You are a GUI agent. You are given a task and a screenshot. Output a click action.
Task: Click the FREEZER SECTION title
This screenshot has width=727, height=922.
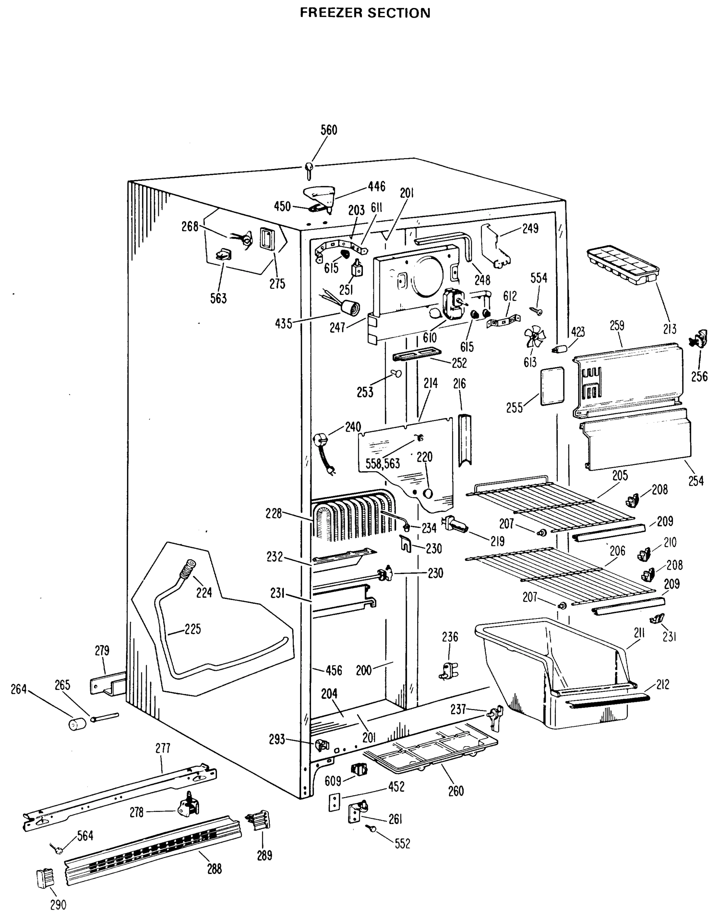point(365,13)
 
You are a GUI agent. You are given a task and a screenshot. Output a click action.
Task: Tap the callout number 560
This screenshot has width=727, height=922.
point(329,130)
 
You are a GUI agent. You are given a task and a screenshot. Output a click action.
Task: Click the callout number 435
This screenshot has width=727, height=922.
point(283,324)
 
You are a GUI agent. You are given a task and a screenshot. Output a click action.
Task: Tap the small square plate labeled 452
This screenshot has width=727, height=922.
point(335,802)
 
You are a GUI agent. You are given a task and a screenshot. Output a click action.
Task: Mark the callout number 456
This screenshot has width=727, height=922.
point(334,670)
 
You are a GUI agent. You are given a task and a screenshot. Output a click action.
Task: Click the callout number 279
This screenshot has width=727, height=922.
point(102,650)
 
